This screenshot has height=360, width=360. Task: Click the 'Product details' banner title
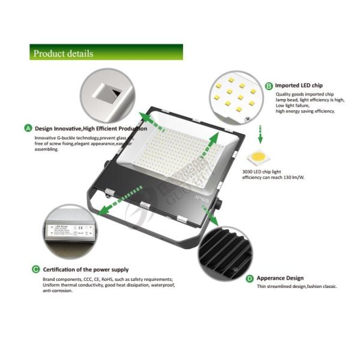click(63, 53)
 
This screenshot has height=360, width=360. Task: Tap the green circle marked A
click(28, 128)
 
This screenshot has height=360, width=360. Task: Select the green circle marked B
click(269, 86)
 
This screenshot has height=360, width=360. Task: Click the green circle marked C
click(36, 270)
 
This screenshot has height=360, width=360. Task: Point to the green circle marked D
click(250, 278)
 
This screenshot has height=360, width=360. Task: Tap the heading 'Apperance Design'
click(280, 278)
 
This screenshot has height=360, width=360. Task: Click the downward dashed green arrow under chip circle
click(260, 131)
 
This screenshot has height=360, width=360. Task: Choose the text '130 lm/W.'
click(293, 177)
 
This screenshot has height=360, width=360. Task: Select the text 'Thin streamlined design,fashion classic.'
click(296, 287)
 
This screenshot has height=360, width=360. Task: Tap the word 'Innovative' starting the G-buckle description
click(47, 138)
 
